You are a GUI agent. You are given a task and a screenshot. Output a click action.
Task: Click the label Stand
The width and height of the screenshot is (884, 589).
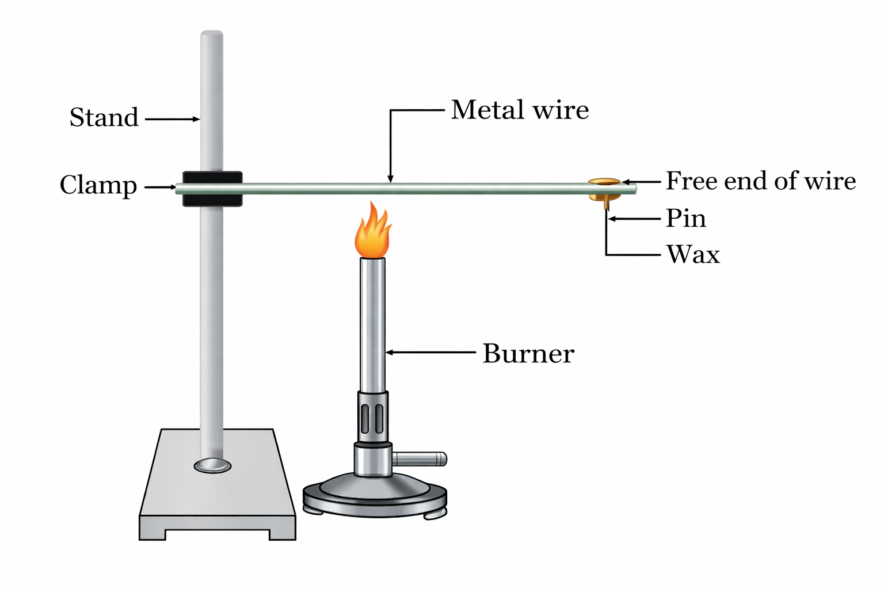pos(104,118)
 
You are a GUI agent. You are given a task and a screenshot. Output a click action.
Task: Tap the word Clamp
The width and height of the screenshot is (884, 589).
pos(98,186)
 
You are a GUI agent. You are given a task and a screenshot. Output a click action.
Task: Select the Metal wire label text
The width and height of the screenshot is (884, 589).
pos(520,110)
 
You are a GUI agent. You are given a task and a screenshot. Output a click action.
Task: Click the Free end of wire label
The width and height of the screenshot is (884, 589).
pos(761,181)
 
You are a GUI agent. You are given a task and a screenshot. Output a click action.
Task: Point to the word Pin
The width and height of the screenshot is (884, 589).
pos(685,219)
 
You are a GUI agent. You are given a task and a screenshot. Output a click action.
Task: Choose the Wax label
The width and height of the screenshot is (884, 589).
pos(693,254)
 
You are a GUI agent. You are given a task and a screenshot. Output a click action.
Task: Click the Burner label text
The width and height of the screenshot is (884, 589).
pos(528,354)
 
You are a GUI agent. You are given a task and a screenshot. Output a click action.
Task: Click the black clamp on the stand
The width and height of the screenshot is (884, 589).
pos(212,189)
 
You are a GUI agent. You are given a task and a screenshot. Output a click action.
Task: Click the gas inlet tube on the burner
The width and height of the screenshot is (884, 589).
pos(420,458)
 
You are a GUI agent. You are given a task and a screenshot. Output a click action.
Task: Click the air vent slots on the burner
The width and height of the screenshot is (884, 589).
pos(372,419)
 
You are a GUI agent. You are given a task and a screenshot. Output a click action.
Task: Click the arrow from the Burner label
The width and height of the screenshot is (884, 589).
pos(430,353)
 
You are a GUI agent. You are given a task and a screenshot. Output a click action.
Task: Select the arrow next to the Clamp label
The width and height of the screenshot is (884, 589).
pos(160,187)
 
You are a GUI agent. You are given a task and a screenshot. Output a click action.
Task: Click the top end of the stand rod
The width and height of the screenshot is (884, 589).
pos(212,36)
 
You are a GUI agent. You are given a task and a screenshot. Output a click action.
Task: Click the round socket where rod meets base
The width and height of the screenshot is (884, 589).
pos(212,465)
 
